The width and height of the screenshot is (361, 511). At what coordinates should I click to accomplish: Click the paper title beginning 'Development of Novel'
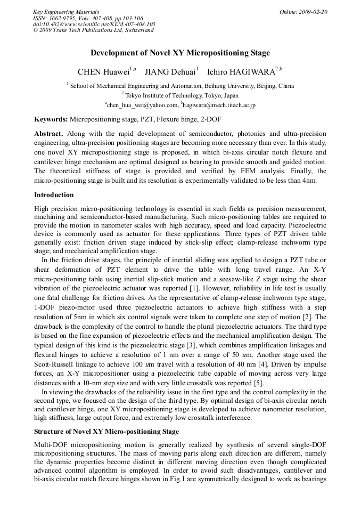click(180, 53)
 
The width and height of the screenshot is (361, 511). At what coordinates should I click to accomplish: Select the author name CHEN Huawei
click(104, 72)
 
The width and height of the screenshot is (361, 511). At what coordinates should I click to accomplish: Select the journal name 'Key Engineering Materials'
click(66, 12)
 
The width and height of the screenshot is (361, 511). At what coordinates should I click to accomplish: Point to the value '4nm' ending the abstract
click(309, 181)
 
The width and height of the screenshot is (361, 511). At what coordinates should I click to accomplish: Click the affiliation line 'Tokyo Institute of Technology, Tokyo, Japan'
click(181, 95)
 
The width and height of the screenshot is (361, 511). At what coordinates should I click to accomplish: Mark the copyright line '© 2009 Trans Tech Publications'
click(93, 30)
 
